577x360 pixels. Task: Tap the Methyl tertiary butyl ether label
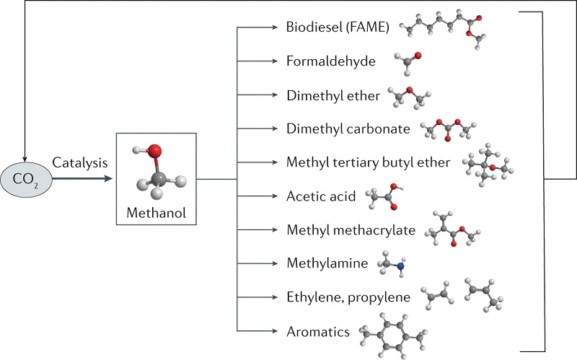pos(368,162)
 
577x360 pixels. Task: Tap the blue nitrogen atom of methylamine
pos(401,267)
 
